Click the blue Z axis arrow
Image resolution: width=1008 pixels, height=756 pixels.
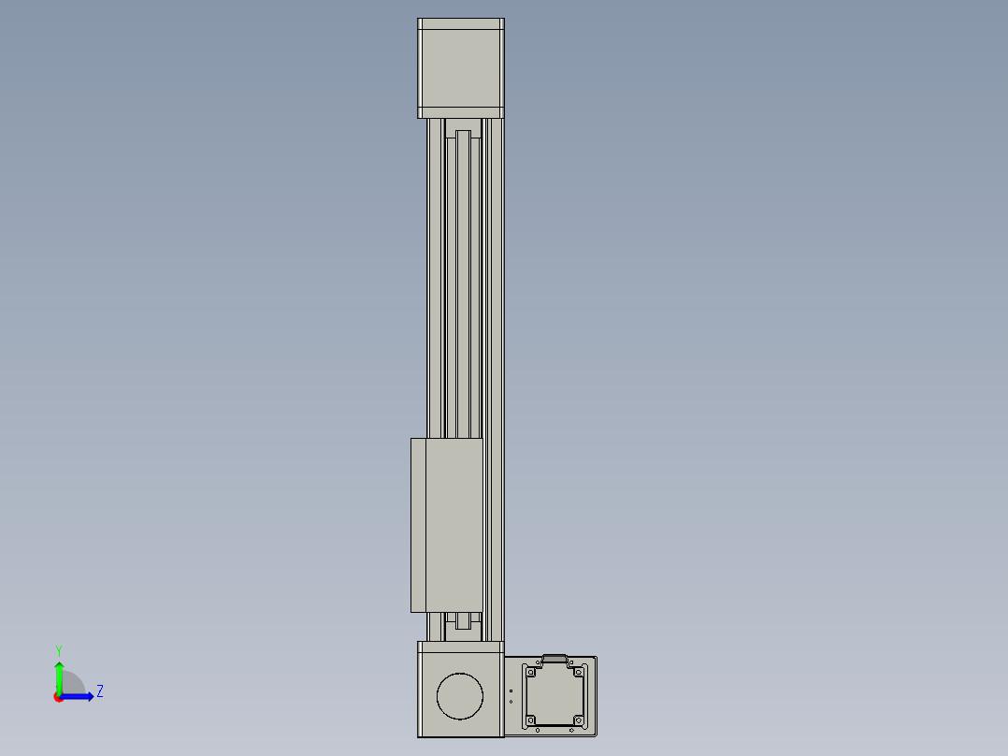coord(80,696)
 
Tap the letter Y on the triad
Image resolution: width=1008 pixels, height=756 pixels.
coord(58,649)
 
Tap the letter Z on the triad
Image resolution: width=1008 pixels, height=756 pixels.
coord(99,691)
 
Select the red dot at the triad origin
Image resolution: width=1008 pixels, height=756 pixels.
coord(59,697)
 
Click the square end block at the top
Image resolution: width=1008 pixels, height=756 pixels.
coord(460,68)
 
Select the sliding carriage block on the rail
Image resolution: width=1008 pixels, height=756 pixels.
coord(447,525)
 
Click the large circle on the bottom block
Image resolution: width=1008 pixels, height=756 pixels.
coord(460,696)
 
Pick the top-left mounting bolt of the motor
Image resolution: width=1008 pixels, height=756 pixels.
coord(531,671)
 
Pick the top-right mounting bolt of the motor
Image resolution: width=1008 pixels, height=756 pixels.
coord(580,671)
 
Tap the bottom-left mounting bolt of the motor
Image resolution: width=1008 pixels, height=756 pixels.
coord(531,720)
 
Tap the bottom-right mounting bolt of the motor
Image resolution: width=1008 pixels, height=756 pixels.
coord(580,720)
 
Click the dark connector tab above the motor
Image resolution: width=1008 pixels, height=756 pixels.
coord(554,659)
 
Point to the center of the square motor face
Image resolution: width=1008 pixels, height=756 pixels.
coord(555,695)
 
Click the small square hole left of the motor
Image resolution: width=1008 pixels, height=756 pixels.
coord(511,691)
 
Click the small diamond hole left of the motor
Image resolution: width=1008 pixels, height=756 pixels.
coord(511,701)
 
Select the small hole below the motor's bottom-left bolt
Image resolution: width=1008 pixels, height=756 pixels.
coord(538,730)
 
